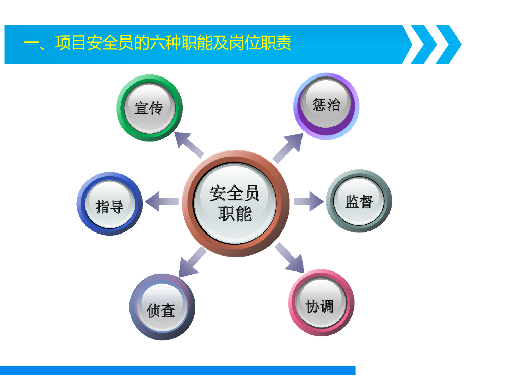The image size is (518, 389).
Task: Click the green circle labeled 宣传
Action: tap(149, 108)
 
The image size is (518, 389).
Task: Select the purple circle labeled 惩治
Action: tap(326, 106)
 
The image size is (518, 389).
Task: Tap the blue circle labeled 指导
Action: tap(110, 204)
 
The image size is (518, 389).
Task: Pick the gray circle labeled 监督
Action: tap(359, 201)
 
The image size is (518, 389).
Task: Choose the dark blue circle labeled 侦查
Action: tap(162, 307)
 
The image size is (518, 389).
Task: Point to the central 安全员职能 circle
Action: tap(235, 203)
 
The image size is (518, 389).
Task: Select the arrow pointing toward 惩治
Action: tap(288, 148)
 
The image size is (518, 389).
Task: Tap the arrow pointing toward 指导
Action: tap(160, 201)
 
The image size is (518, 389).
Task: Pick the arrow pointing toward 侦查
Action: tap(192, 262)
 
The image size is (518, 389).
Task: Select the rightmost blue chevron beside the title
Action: tap(448, 44)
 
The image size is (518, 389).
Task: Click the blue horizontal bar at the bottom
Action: tap(177, 370)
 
